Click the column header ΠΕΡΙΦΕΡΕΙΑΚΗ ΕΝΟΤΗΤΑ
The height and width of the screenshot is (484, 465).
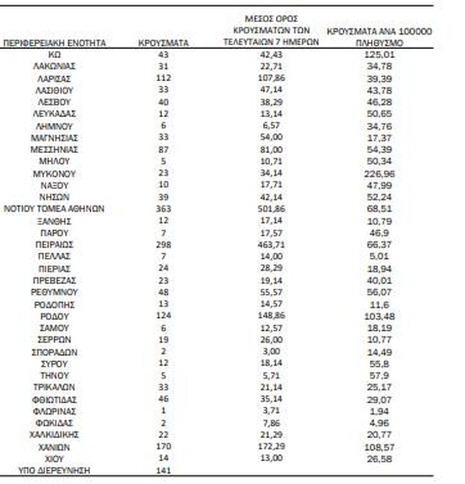point(55,43)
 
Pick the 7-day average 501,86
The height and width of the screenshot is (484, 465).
point(271,209)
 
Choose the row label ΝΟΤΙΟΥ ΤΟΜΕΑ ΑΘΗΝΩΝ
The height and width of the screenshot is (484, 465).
point(54,209)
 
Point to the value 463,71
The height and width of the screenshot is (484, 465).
point(271,244)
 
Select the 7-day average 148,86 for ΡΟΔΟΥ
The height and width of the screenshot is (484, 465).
point(271,316)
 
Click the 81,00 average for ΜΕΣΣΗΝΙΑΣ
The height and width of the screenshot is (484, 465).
point(271,149)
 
